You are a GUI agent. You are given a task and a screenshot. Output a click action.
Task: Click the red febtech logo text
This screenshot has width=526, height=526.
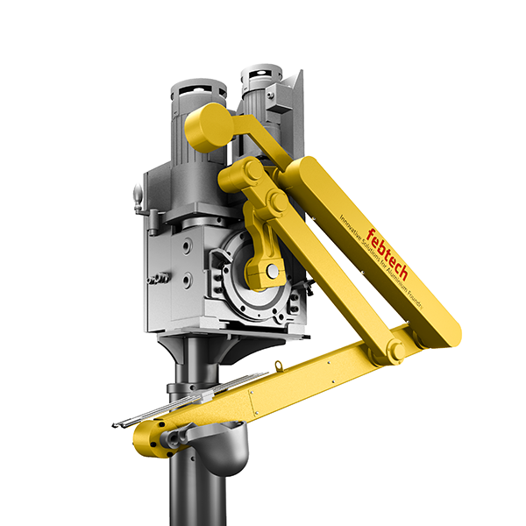click(x=387, y=254)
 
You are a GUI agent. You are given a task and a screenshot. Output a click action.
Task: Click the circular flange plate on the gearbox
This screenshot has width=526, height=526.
click(x=254, y=263)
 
